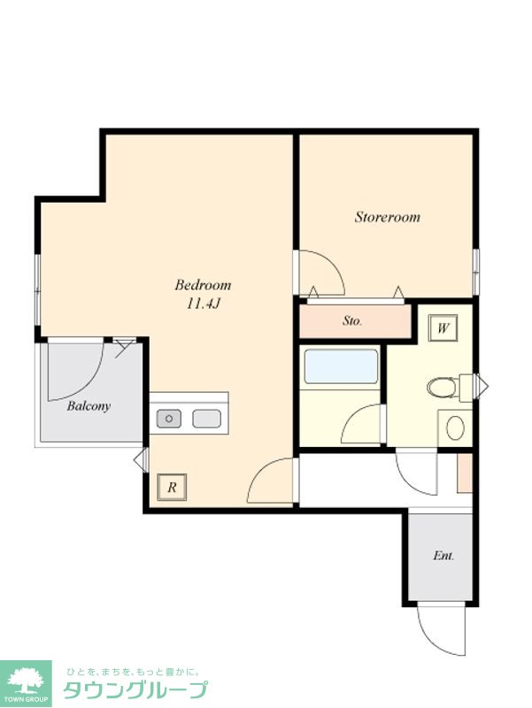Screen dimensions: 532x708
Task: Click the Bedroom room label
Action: (203, 285)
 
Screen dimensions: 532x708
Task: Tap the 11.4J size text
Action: (204, 304)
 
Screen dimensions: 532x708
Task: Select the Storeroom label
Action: (387, 217)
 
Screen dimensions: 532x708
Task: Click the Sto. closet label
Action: (351, 321)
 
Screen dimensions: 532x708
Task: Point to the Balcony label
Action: (89, 406)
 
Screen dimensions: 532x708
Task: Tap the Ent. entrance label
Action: (443, 556)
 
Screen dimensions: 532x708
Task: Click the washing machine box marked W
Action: (443, 327)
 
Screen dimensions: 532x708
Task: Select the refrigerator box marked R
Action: (172, 488)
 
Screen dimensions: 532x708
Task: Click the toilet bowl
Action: (443, 387)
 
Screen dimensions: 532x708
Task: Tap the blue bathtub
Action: (341, 366)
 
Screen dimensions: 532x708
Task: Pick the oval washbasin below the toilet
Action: (455, 427)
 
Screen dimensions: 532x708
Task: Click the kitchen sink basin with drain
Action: (169, 419)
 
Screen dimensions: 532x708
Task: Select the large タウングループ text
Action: (135, 689)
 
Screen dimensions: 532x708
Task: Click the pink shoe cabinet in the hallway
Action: (464, 473)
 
